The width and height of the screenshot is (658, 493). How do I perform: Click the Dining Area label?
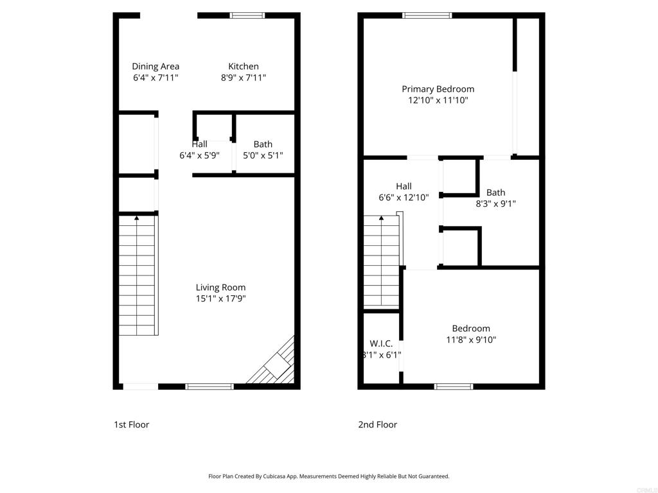[156, 66]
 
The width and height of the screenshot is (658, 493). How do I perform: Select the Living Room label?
[220, 287]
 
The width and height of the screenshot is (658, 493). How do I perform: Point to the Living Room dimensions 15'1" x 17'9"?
[220, 298]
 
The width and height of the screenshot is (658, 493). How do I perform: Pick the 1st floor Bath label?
[263, 144]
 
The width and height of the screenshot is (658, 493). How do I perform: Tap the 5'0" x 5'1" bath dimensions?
[263, 155]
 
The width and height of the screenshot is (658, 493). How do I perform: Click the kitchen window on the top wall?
[247, 15]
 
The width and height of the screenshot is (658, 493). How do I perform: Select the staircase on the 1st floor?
[138, 276]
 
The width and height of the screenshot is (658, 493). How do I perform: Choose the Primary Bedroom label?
[438, 89]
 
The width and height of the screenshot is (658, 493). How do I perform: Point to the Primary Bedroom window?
[427, 15]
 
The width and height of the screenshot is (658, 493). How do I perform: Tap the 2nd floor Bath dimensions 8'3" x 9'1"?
[495, 204]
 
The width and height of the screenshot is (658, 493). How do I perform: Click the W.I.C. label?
[381, 343]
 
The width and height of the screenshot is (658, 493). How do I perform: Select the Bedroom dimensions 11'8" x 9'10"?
[470, 340]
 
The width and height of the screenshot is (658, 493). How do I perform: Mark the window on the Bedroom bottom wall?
[454, 386]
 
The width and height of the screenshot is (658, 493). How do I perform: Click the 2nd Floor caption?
[377, 424]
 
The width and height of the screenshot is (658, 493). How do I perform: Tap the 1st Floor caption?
[131, 424]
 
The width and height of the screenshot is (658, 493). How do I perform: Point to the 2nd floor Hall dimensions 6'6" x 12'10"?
[404, 198]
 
